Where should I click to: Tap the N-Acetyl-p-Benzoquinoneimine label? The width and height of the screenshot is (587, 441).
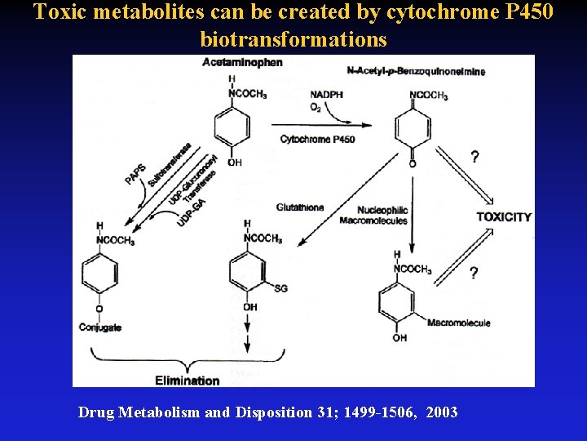(x=416, y=71)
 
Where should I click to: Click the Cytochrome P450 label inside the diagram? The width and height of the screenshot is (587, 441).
(x=318, y=140)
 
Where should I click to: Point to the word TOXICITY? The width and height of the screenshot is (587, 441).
(x=504, y=217)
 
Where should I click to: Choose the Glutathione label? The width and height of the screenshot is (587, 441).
(x=300, y=207)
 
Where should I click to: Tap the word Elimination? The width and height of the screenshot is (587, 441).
(x=188, y=381)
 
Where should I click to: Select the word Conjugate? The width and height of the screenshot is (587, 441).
(x=100, y=327)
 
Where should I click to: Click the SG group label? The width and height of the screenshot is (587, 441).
(x=280, y=288)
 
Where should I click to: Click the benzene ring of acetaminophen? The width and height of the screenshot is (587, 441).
(x=232, y=127)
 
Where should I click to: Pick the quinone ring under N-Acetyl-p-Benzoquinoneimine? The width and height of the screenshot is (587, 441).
(x=413, y=129)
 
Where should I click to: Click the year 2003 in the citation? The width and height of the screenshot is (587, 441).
(x=440, y=412)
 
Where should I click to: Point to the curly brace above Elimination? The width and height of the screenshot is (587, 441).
(x=188, y=360)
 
